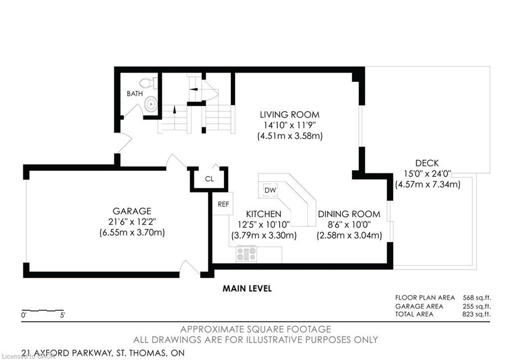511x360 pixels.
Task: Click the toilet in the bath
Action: [146, 83]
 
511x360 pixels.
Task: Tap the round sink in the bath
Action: [150, 104]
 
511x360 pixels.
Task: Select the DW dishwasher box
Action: [270, 190]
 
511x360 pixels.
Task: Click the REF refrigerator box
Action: [223, 203]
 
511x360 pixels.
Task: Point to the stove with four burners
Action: [246, 254]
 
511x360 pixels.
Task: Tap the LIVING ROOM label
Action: [286, 115]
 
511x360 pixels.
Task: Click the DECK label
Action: [427, 163]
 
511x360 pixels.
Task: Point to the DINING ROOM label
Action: [349, 214]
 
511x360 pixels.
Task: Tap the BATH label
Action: [134, 94]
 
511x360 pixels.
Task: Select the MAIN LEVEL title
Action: [247, 289]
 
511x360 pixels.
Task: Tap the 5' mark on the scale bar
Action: [62, 315]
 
